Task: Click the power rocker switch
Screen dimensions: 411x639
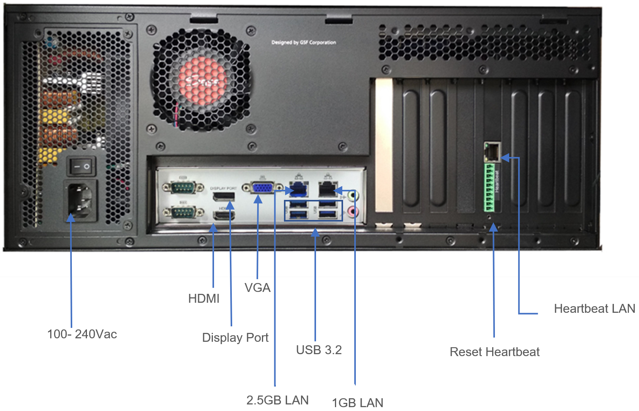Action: point(82,167)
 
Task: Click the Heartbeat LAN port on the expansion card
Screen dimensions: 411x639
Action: point(492,152)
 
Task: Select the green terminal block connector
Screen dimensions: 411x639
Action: point(489,188)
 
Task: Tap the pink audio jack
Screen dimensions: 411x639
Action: point(352,211)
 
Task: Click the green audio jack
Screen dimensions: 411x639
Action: point(353,196)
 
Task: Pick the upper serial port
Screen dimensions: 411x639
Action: point(183,188)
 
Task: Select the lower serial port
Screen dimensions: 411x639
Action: point(183,212)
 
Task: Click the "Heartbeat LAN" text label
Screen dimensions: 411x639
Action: point(594,309)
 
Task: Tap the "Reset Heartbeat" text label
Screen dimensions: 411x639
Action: point(495,352)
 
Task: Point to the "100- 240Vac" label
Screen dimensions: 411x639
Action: point(82,334)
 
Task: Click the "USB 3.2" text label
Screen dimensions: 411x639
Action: point(319,350)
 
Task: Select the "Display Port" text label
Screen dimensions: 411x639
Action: point(235,338)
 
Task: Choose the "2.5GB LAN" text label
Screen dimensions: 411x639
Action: point(277,400)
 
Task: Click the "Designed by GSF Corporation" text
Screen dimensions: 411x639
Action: point(304,43)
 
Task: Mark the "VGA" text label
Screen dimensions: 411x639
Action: point(257,288)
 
